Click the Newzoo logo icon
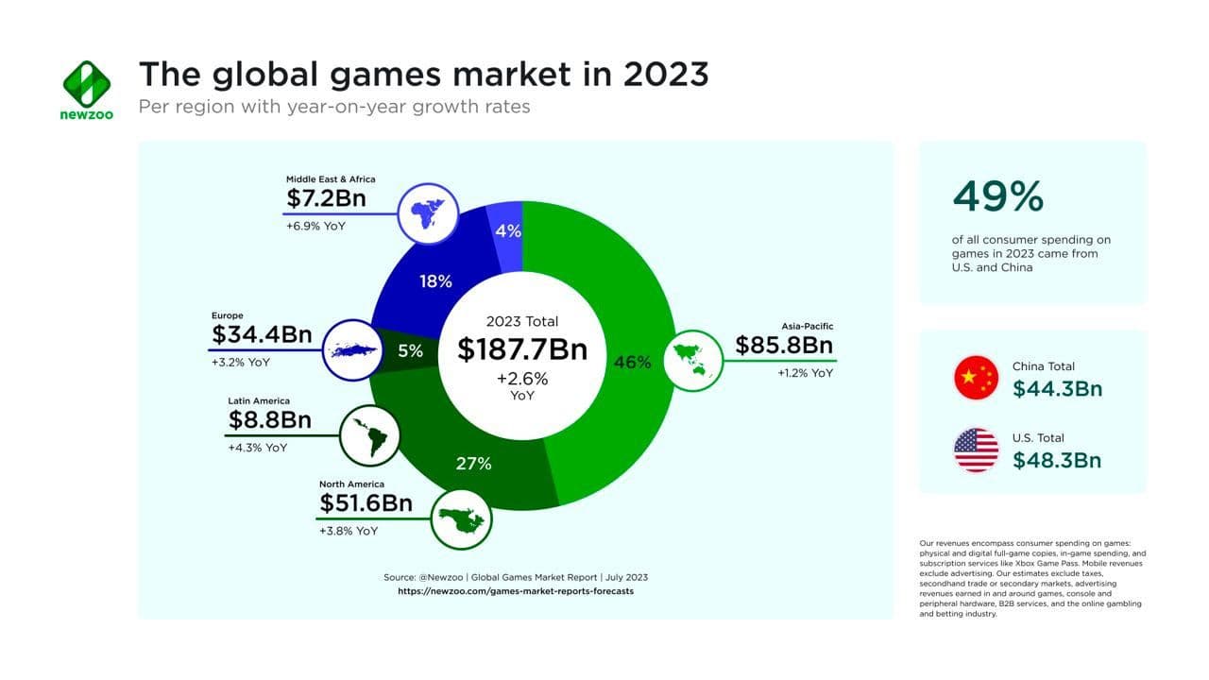tap(87, 84)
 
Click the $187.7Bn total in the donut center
tap(522, 349)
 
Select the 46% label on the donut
tap(632, 362)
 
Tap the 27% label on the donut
tap(473, 464)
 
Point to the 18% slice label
tap(434, 281)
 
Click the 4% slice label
tap(508, 230)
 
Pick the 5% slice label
tap(410, 351)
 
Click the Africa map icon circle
tap(427, 212)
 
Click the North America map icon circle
tap(462, 518)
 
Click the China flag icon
tap(976, 378)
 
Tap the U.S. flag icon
tap(976, 450)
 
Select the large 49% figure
tap(997, 196)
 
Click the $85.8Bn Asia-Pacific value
tap(784, 346)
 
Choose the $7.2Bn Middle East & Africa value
tap(326, 199)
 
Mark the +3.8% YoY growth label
tap(349, 531)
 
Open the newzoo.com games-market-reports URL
tap(515, 591)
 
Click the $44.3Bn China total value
tap(1057, 388)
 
